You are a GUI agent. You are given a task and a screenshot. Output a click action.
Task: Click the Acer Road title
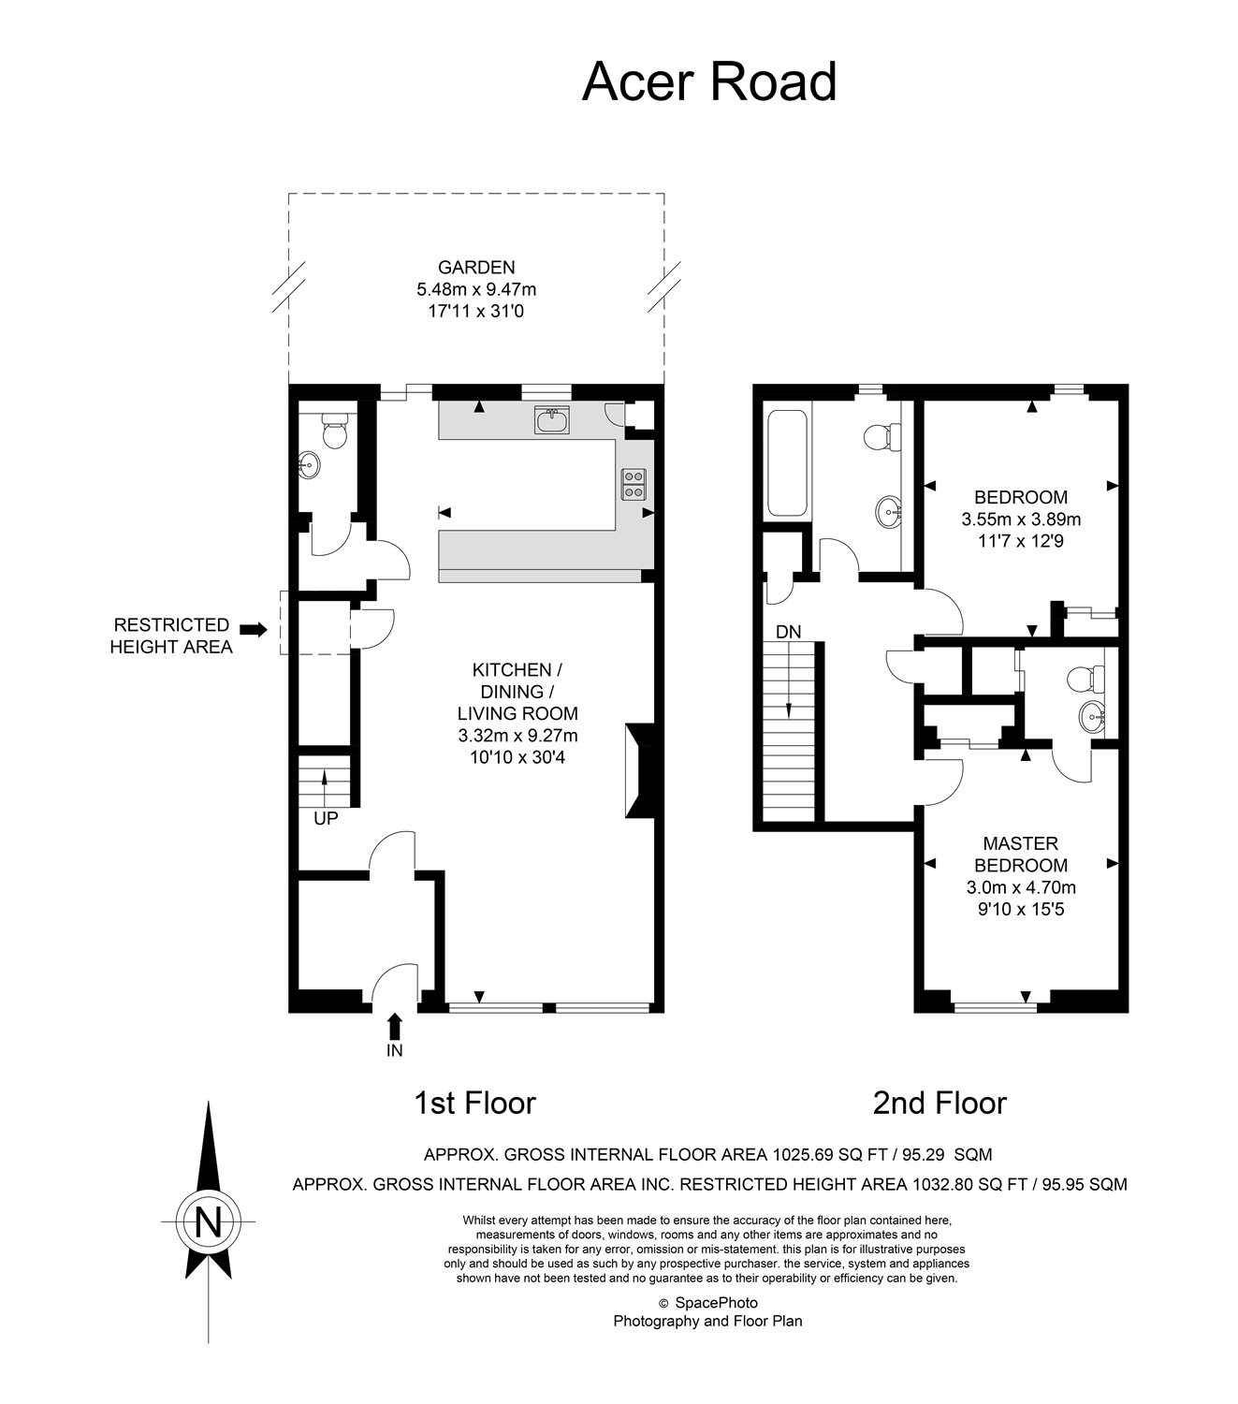point(708,81)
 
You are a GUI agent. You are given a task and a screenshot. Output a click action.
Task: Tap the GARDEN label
point(476,267)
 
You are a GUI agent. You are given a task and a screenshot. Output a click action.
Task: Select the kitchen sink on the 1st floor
point(551,420)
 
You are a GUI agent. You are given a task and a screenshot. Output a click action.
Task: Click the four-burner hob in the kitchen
point(634,484)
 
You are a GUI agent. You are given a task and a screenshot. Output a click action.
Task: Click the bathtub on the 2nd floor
point(786,463)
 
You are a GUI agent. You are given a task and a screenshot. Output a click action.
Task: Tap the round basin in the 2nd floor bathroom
point(888,512)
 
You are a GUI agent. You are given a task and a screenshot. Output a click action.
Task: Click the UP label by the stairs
point(326,818)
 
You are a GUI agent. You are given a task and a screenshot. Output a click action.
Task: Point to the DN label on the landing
point(789,632)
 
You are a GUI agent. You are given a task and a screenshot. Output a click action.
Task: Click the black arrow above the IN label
point(394,1026)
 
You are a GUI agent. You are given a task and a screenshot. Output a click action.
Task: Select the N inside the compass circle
point(208,1221)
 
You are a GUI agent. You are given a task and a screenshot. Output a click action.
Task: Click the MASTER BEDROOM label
point(1021,854)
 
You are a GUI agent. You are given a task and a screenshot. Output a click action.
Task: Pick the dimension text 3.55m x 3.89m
point(1021,519)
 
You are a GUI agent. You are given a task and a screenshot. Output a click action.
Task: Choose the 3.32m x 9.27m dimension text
point(517,736)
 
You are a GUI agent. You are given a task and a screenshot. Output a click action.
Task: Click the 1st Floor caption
point(474,1103)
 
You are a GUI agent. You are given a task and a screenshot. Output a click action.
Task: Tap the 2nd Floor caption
point(939,1103)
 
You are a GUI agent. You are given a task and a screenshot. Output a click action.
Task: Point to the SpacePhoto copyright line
point(707,1303)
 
